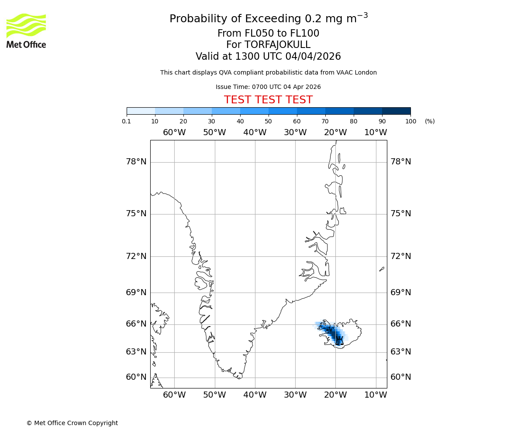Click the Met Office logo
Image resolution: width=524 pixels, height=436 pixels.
tap(26, 31)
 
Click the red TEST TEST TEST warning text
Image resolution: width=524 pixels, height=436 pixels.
tap(268, 100)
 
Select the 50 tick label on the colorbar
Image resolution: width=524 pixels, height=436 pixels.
tap(268, 121)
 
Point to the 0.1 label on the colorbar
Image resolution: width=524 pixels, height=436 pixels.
tap(127, 121)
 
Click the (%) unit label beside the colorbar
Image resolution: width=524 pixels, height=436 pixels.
tap(430, 121)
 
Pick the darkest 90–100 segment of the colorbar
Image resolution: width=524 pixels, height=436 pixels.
tap(396, 111)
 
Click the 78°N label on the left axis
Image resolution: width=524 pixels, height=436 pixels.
tap(136, 162)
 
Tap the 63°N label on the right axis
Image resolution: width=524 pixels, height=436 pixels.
tap(401, 351)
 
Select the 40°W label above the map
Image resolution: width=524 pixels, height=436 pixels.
tap(255, 133)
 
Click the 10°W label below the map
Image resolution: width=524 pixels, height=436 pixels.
tap(376, 395)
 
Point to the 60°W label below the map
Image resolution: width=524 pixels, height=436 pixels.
tap(174, 395)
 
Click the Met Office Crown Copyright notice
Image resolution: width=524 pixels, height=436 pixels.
tap(72, 423)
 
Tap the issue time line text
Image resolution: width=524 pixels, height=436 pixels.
tap(268, 87)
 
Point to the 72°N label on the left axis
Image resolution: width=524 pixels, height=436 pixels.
tap(136, 256)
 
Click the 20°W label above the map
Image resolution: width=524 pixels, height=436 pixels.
tap(335, 133)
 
